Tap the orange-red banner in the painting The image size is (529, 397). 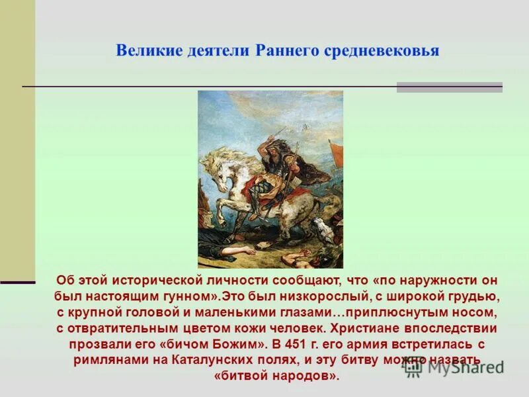point(336,154)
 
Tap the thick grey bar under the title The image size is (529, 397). point(449,87)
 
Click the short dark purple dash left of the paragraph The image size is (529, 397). point(17,283)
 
